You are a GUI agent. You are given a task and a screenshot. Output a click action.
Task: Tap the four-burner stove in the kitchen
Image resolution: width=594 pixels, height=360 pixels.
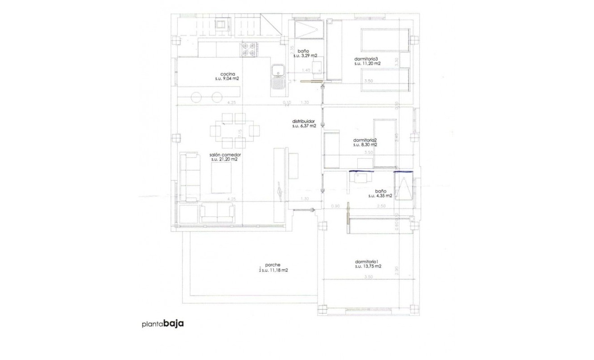click(249, 49)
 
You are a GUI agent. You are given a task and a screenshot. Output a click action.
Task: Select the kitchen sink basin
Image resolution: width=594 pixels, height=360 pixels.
click(278, 70)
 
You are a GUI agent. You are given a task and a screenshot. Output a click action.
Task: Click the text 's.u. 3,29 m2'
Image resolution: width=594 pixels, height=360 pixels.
click(305, 56)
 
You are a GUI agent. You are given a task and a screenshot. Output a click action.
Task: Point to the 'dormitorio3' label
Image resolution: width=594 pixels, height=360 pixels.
click(368, 58)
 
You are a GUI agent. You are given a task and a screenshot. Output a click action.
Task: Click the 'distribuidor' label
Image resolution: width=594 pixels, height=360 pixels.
click(304, 121)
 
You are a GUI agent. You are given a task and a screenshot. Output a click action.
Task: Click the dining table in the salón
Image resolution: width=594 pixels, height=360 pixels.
click(234, 130)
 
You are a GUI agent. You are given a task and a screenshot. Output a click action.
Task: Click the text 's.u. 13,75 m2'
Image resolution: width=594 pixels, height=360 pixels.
click(368, 266)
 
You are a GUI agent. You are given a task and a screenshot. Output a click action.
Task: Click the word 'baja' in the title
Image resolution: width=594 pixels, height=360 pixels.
click(174, 324)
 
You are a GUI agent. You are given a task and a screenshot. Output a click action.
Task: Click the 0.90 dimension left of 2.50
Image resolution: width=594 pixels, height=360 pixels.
click(335, 206)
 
